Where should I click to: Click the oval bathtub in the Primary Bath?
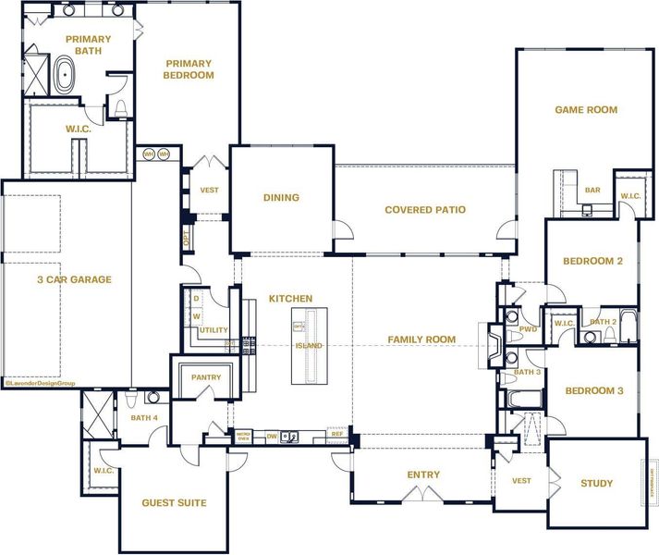[65, 76]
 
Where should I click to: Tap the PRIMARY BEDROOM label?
[189, 69]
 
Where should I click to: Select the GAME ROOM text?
[586, 110]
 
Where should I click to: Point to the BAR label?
[592, 191]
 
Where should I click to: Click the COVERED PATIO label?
[425, 210]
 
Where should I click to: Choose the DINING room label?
[281, 198]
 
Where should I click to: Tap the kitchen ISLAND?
[309, 345]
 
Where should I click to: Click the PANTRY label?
[205, 377]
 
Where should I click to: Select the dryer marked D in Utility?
[196, 299]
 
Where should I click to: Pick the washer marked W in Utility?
[196, 316]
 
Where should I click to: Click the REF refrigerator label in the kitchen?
[337, 433]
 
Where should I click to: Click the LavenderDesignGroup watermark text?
[39, 382]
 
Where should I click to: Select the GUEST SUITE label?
[174, 503]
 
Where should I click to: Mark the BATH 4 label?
[144, 418]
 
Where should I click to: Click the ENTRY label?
[423, 475]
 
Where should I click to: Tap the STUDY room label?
[596, 484]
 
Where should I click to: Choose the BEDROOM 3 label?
[594, 391]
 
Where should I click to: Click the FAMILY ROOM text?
[421, 339]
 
